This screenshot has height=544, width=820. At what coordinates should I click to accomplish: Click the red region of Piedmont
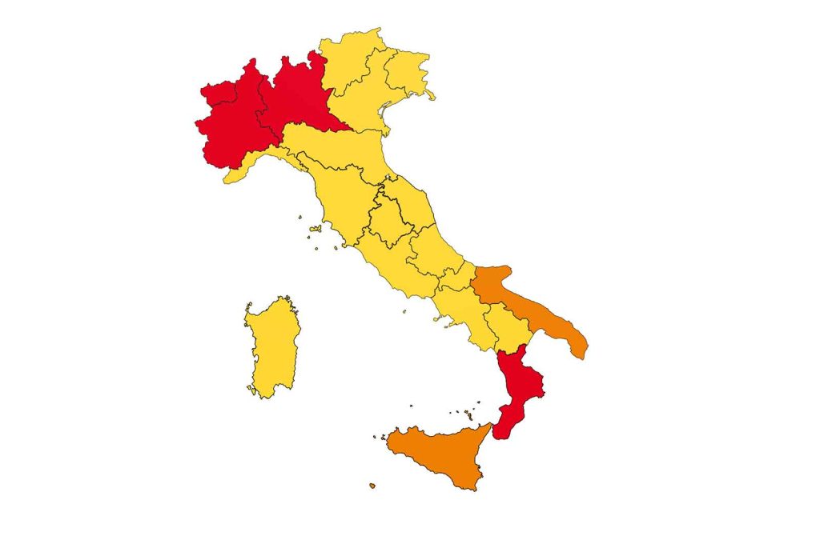point(232,128)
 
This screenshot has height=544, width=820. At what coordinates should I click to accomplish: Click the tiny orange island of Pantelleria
point(372,485)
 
